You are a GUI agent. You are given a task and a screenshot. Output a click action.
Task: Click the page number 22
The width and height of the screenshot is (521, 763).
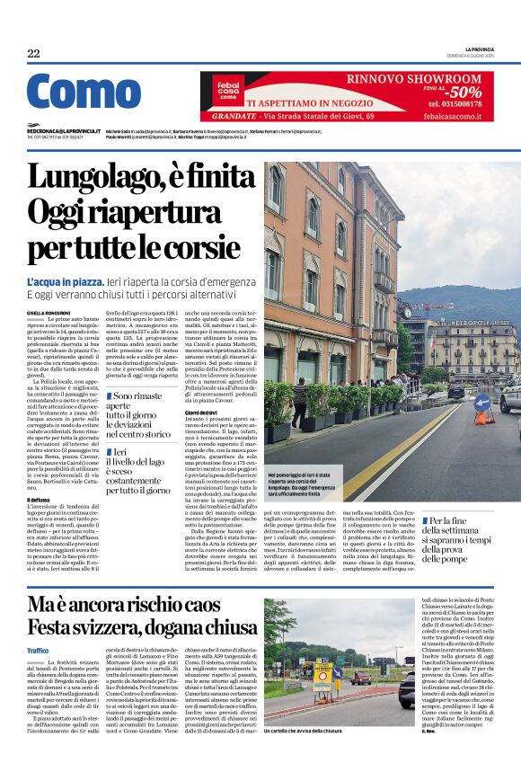click(x=33, y=54)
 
